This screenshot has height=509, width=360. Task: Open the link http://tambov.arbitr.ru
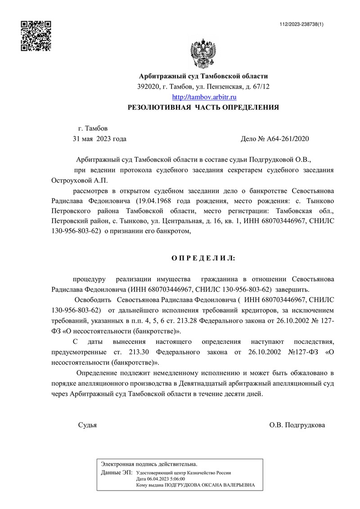204,97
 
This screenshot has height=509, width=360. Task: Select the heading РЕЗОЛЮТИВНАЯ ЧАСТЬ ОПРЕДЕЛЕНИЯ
203,108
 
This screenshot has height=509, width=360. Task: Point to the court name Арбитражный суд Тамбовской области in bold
203,77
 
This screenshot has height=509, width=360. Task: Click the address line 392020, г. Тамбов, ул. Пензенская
203,86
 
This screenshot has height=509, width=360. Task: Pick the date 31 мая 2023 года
99,139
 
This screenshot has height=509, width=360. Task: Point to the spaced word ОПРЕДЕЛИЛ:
203,258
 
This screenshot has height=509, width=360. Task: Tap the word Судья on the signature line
87,425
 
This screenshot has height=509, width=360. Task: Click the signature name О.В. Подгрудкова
297,425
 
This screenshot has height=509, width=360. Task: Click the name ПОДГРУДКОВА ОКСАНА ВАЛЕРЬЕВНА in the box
210,486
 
